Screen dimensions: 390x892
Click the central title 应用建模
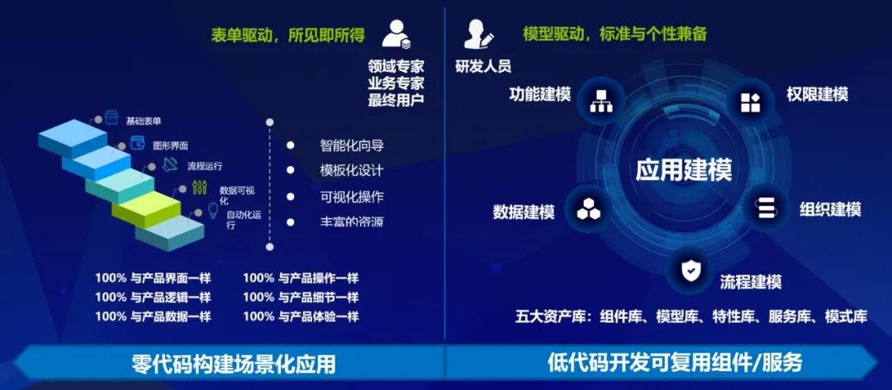[x=684, y=170]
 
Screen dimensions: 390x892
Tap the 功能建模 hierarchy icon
[x=599, y=101]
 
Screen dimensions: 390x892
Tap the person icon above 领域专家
[x=396, y=33]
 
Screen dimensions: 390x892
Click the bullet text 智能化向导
[x=351, y=146]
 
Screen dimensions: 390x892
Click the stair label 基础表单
[x=144, y=121]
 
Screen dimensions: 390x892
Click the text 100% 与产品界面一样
[x=153, y=278]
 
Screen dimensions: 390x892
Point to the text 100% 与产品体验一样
[x=301, y=316]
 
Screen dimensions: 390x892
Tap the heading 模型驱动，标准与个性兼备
[x=614, y=34]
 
